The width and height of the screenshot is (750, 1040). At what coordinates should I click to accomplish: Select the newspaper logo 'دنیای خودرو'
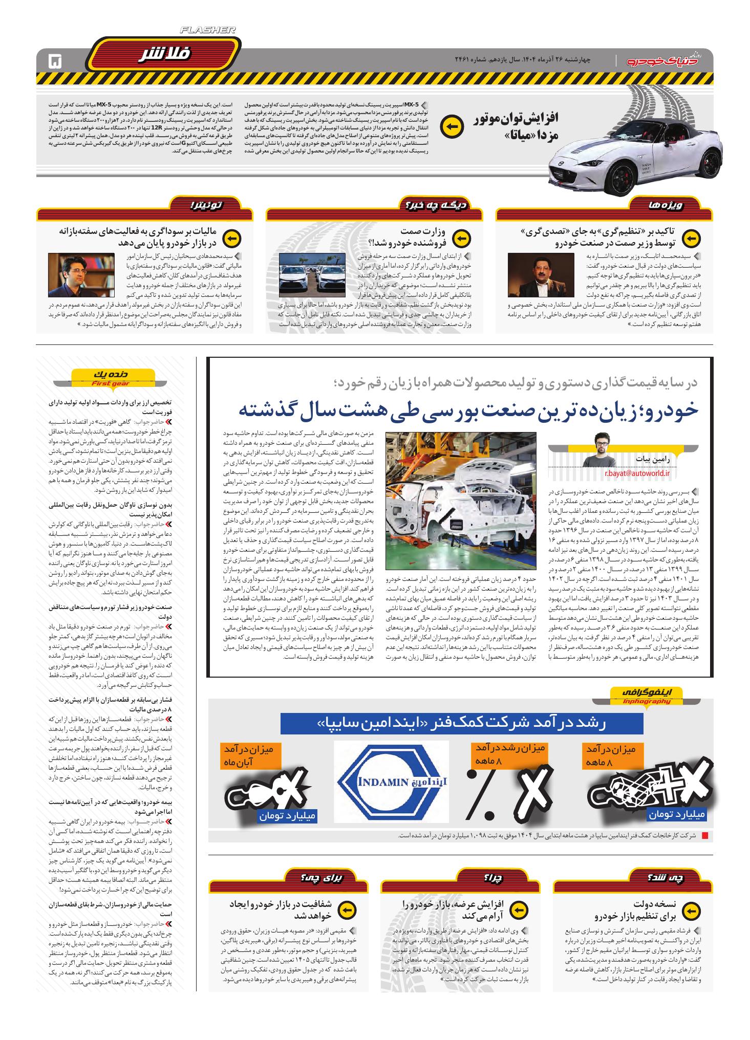point(666,61)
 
